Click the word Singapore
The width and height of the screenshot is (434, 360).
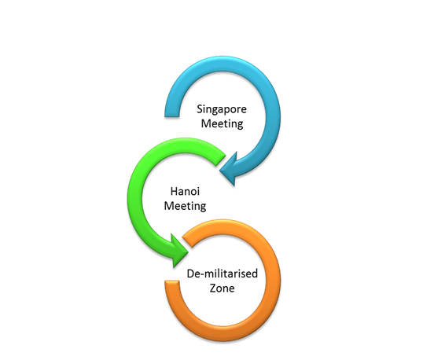coord(222,109)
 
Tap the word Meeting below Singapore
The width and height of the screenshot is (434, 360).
coord(222,123)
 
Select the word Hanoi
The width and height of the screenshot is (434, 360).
coord(185,192)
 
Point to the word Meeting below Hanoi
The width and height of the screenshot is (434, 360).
coord(185,206)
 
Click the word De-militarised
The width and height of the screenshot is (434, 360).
coord(223,274)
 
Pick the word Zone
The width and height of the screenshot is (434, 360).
coord(222,288)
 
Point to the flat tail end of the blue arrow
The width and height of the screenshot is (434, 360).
coord(172,116)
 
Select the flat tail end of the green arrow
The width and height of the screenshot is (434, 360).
coord(221,160)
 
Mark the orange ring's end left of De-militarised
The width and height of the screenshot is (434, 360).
coord(172,281)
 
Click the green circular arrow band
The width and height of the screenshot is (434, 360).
coord(134,199)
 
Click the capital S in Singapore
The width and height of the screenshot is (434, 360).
coord(200,108)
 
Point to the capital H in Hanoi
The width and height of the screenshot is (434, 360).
coord(174,192)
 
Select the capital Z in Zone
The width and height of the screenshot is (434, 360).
coord(212,288)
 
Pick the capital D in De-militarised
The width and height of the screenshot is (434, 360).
coord(190,274)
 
